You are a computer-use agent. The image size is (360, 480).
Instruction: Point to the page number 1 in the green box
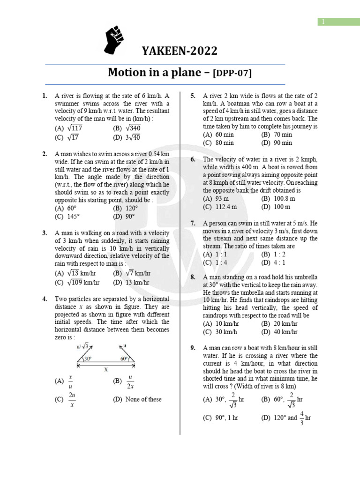click(x=323, y=21)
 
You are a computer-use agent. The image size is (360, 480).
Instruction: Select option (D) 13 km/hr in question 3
click(x=131, y=282)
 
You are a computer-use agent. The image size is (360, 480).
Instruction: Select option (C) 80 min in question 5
click(x=218, y=142)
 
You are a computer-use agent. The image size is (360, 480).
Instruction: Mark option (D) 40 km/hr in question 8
click(x=279, y=332)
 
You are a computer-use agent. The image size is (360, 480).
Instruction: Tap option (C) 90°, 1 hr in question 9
click(x=220, y=418)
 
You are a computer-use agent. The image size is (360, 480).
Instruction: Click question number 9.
click(x=193, y=348)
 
